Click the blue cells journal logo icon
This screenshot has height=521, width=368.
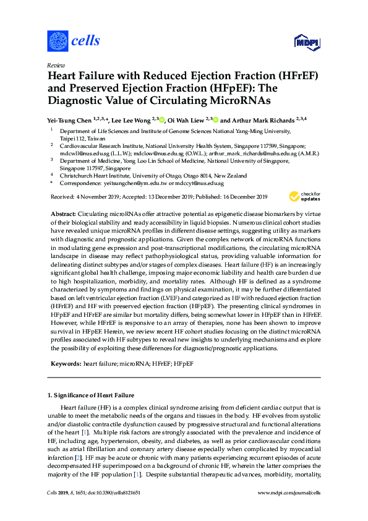tap(58, 41)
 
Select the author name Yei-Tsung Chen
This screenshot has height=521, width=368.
tap(69, 120)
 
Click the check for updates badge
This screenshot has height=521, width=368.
tap(302, 197)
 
